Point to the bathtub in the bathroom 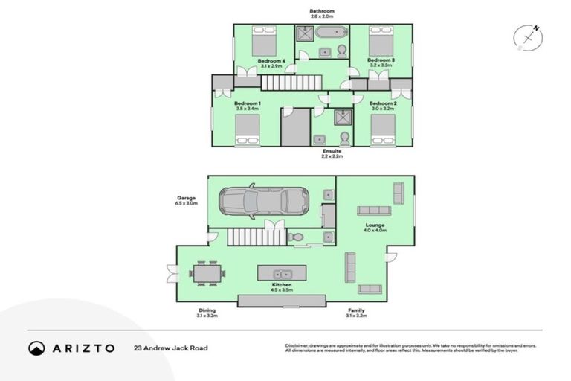(x=331, y=33)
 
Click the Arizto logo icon (x=37, y=348)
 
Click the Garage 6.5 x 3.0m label (x=186, y=200)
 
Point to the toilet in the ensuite (x=344, y=139)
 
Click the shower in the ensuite (x=342, y=117)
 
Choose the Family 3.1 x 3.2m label (x=354, y=313)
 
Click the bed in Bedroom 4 (x=263, y=39)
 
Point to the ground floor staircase (x=256, y=238)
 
